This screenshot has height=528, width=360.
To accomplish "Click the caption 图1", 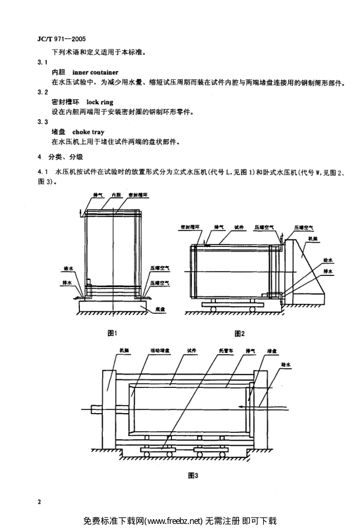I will click(x=113, y=333).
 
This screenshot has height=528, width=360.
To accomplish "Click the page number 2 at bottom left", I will click(x=39, y=501).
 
